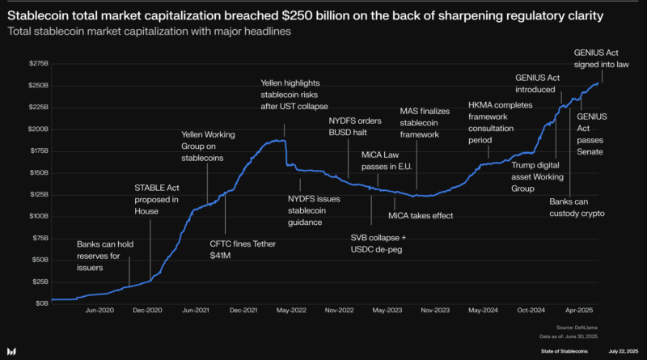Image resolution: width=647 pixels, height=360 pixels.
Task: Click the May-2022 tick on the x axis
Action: click(291, 311)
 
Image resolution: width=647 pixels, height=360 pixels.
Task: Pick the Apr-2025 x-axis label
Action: click(579, 311)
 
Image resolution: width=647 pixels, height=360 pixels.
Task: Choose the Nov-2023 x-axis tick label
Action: click(435, 311)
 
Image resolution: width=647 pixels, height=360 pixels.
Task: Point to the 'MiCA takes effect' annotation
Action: click(420, 216)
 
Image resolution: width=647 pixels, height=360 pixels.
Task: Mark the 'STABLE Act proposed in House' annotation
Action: click(159, 199)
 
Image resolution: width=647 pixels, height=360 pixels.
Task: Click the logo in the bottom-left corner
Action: click(13, 350)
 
